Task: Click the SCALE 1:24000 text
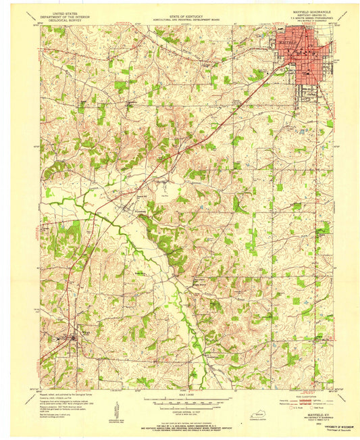coord(180,393)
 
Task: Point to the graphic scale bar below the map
coord(180,399)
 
